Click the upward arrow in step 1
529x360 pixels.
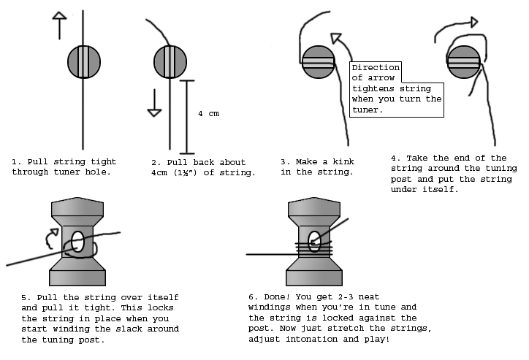click(x=59, y=26)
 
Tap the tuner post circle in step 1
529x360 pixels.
click(x=83, y=61)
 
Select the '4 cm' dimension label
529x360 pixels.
click(x=208, y=114)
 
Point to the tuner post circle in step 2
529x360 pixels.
click(x=170, y=61)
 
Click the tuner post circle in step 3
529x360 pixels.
click(x=318, y=62)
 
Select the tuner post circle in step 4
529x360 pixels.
click(x=464, y=62)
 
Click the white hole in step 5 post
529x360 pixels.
click(x=79, y=244)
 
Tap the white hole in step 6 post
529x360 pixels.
click(x=315, y=241)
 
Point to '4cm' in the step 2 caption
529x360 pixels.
click(x=159, y=172)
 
